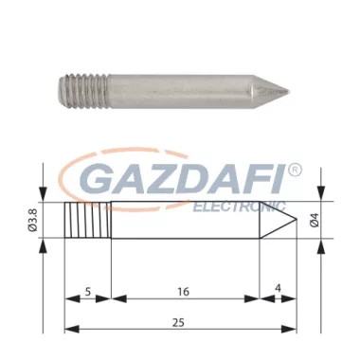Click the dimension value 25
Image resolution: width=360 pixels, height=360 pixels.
[x=180, y=320]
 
